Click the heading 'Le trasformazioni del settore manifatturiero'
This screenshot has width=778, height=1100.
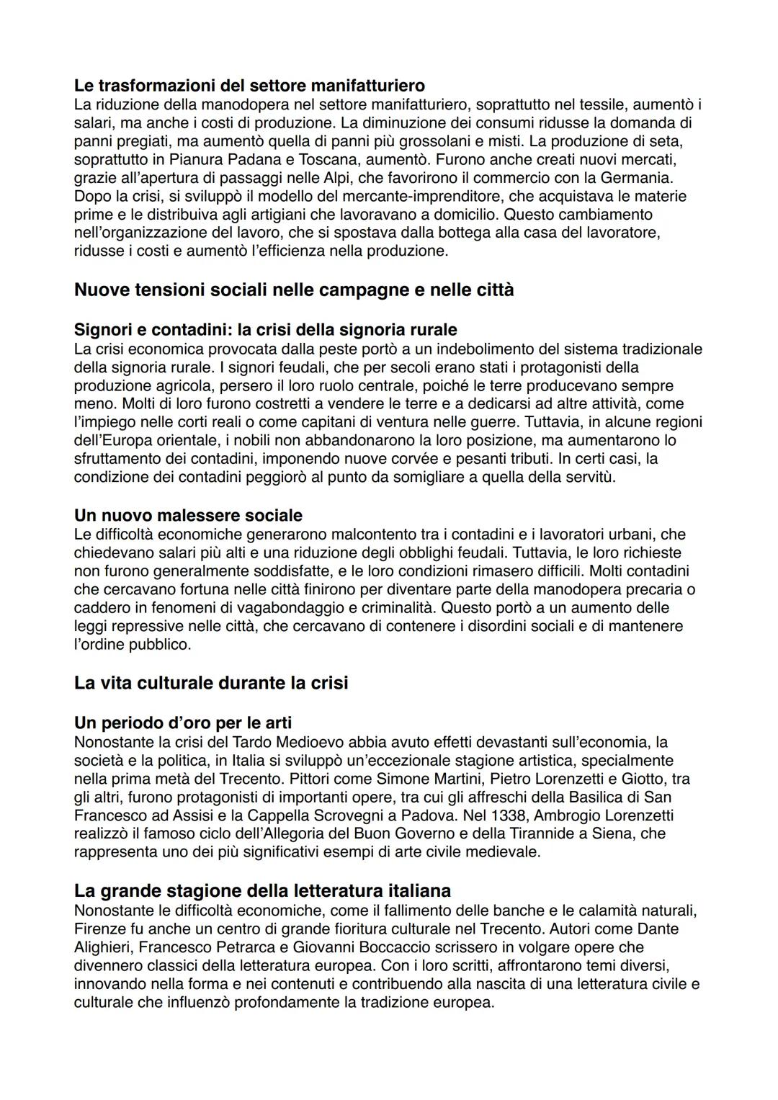pos(249,86)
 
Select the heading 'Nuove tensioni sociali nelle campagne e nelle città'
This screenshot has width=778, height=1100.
pos(294,290)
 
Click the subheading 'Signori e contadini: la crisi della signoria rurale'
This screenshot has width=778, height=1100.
pos(265,329)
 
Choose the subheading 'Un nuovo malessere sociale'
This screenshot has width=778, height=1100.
pos(188,515)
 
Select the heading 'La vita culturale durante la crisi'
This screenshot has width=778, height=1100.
pos(210,682)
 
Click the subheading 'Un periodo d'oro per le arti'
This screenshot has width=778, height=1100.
pos(183,722)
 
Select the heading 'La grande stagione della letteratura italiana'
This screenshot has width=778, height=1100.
pos(262,890)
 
